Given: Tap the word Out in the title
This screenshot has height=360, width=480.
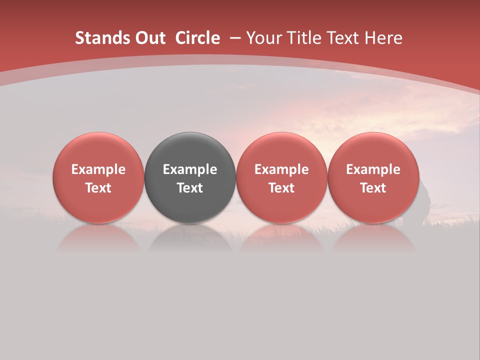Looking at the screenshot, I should pyautogui.click(x=149, y=38).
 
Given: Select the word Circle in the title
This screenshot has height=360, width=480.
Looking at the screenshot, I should pyautogui.click(x=197, y=38).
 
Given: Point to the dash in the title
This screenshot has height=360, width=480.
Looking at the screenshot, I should pyautogui.click(x=235, y=38).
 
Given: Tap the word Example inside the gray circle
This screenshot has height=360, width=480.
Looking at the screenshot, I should pyautogui.click(x=190, y=169).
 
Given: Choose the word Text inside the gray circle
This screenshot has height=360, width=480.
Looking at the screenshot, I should pyautogui.click(x=190, y=188).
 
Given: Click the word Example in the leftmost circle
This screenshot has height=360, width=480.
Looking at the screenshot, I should pyautogui.click(x=98, y=169).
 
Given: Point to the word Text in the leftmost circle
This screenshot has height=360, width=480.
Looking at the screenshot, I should pyautogui.click(x=98, y=188).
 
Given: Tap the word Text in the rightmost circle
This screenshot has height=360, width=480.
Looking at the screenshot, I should pyautogui.click(x=373, y=188).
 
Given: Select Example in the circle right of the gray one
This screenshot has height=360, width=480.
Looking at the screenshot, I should pyautogui.click(x=281, y=169).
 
